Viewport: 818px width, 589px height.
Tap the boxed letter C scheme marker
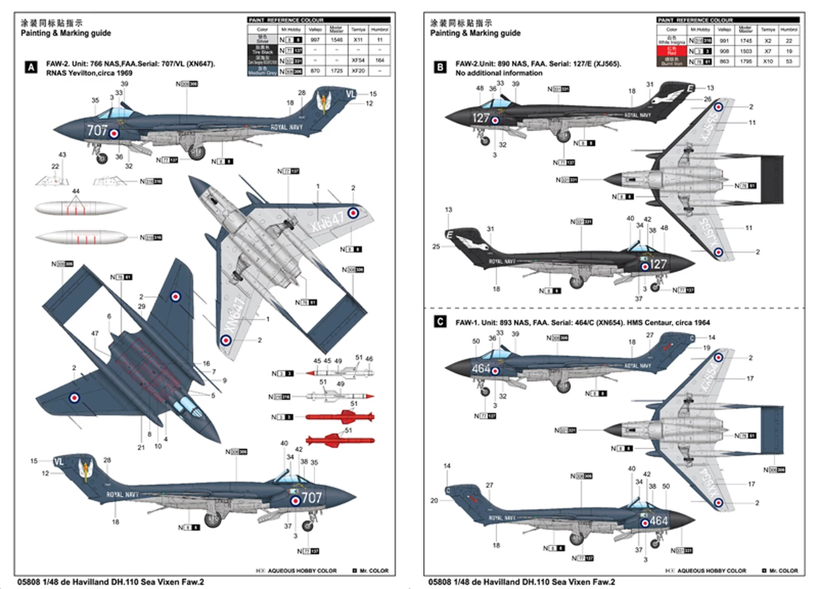point(440,323)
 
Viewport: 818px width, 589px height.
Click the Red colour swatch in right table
point(671,50)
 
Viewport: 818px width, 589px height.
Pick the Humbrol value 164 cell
point(380,60)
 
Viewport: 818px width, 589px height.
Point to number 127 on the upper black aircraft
point(481,118)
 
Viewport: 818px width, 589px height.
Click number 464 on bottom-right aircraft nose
point(658,521)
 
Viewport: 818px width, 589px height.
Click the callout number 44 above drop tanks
point(76,192)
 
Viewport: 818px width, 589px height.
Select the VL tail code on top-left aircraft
point(350,93)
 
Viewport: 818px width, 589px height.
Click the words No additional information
point(498,73)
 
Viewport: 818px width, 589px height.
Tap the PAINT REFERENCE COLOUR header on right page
point(697,20)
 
